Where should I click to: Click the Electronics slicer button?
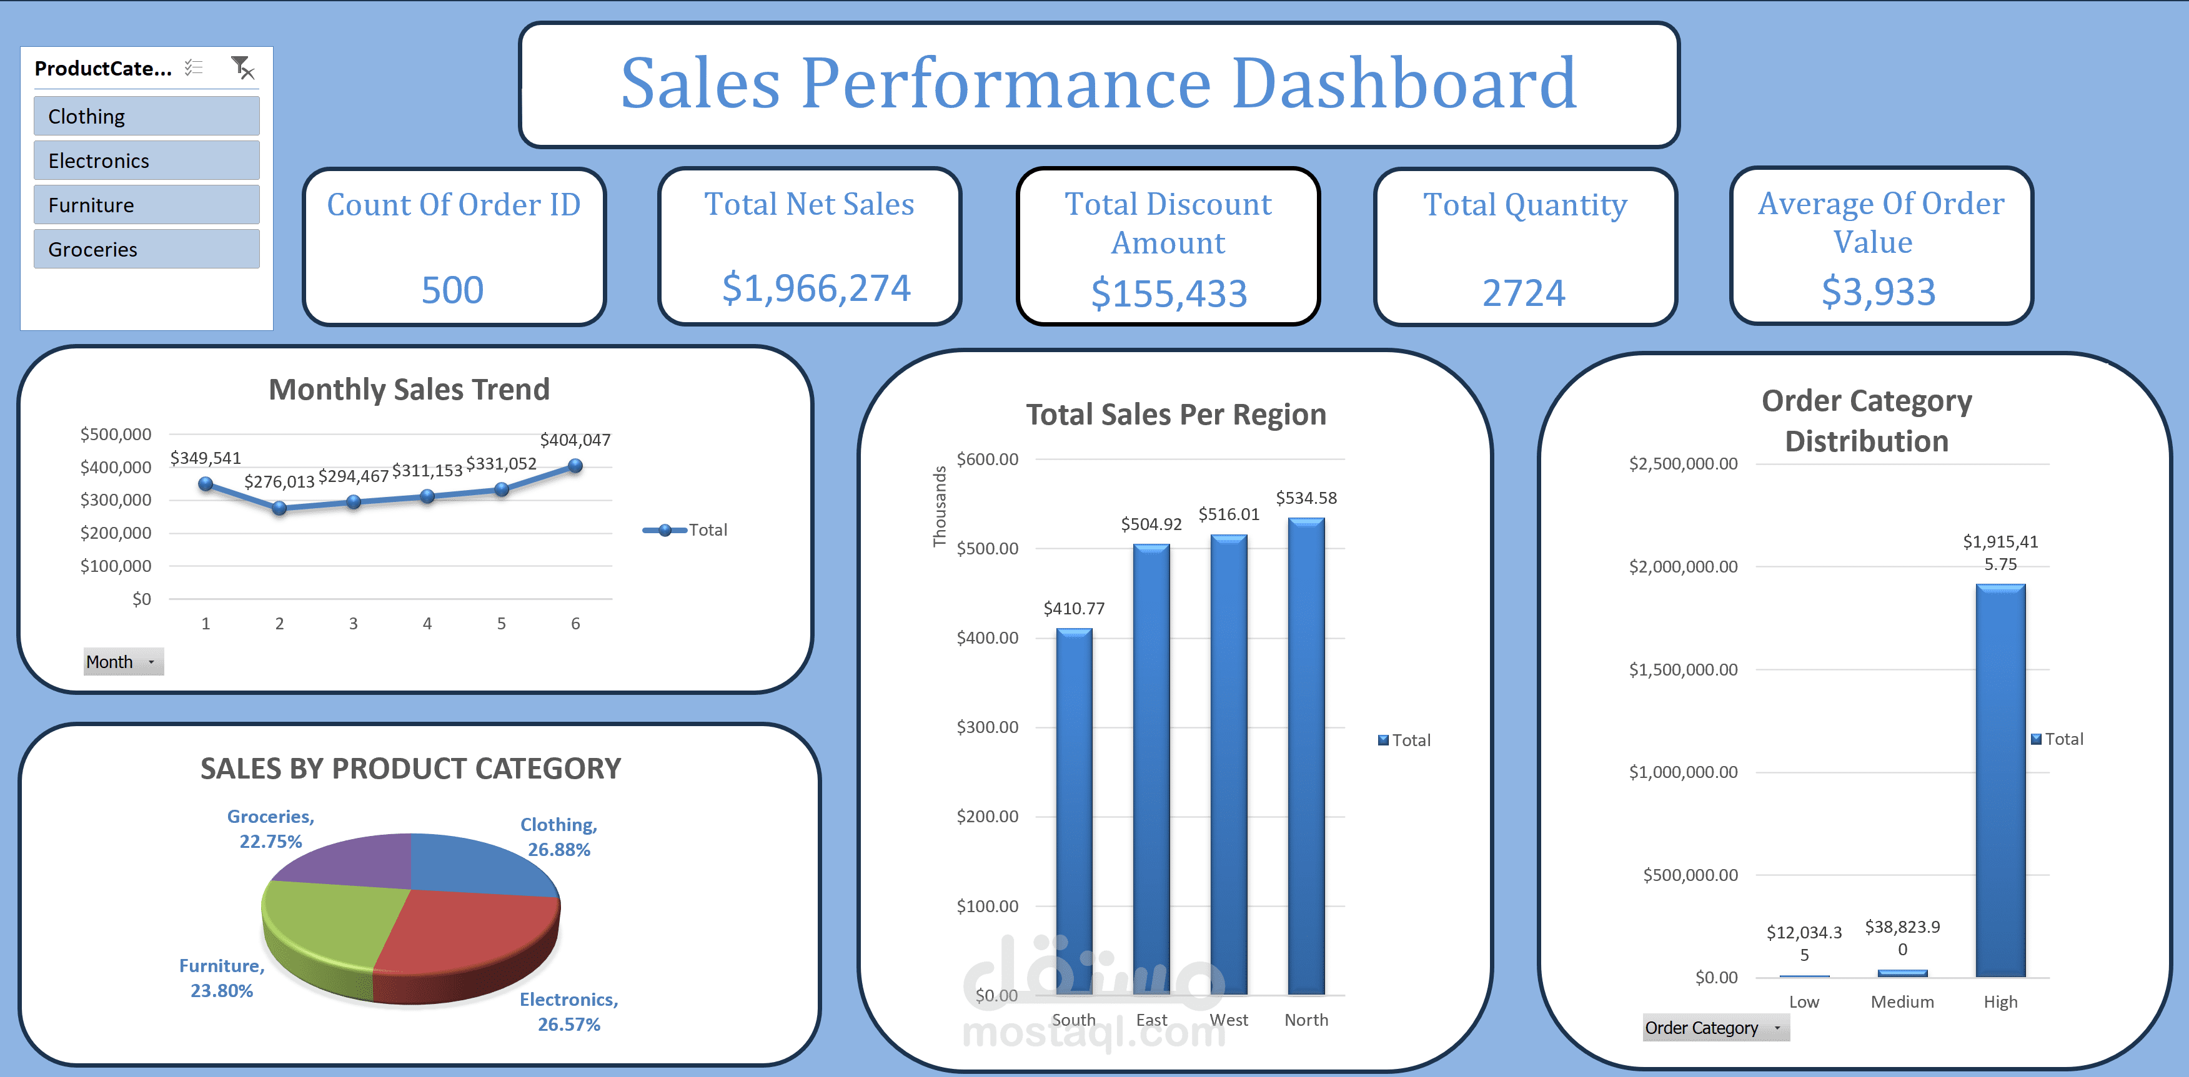pos(146,160)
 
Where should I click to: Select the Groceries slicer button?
pos(146,249)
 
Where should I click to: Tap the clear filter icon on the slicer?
pos(243,68)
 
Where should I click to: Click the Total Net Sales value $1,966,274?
pos(816,288)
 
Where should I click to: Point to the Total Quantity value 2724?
pos(1524,293)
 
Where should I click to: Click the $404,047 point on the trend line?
pos(575,466)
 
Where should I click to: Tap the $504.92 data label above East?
pos(1151,524)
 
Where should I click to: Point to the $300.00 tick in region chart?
pos(988,727)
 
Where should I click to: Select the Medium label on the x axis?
pos(1902,1002)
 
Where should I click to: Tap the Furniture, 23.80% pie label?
pos(222,978)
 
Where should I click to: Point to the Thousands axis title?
pos(940,506)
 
